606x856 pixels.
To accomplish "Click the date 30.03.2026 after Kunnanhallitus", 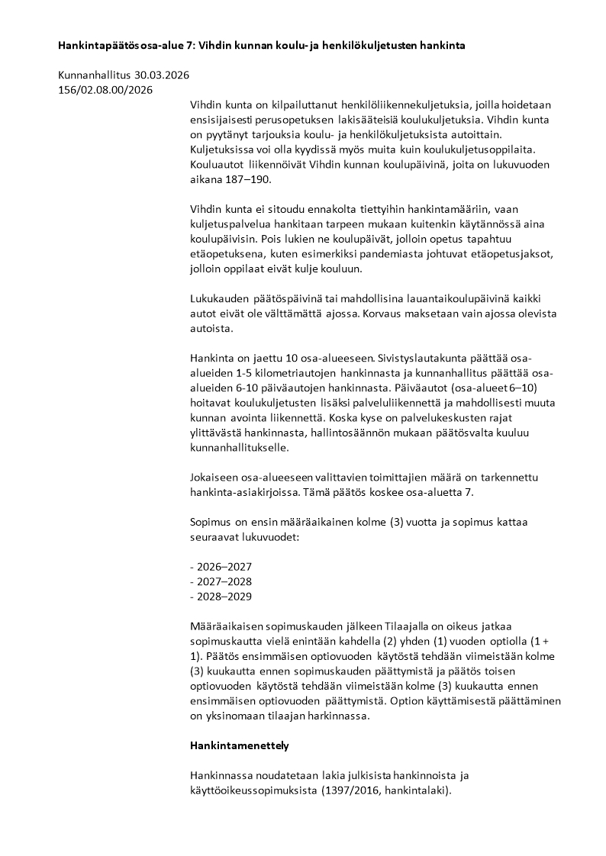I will pos(162,76).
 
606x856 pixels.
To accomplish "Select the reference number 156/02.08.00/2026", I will pos(105,90).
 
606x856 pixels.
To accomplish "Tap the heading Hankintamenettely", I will pos(239,743).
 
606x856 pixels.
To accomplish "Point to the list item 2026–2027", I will pos(224,568).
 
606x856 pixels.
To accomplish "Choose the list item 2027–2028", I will pos(224,582).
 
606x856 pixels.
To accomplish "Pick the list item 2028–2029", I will pos(224,597).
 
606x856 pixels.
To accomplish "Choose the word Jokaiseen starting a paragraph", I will pos(217,477).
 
